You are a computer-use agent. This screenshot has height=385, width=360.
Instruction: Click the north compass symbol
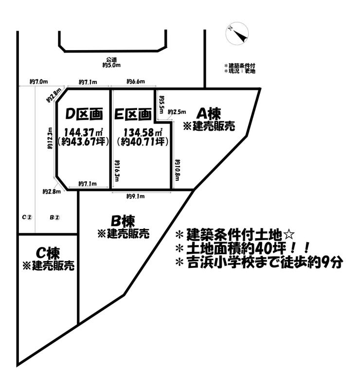click(x=237, y=34)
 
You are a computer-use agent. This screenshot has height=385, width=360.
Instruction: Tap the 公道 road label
click(x=111, y=60)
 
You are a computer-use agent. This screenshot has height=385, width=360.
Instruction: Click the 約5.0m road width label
click(x=111, y=65)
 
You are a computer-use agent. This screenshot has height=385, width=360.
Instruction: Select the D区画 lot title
click(x=84, y=114)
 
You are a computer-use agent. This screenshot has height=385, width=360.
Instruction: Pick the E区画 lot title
click(x=133, y=114)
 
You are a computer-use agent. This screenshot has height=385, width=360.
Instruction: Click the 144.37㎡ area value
click(x=83, y=133)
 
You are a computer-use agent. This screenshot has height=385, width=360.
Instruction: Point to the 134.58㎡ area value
click(x=143, y=133)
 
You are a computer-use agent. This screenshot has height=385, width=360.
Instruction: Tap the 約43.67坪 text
click(x=83, y=142)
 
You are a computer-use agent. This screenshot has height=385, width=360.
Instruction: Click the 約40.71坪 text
click(x=143, y=142)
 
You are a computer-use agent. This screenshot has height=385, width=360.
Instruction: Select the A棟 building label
click(x=209, y=113)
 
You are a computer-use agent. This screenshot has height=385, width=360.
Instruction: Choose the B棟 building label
click(x=123, y=221)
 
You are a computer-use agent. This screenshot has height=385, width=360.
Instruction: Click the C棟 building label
click(x=48, y=253)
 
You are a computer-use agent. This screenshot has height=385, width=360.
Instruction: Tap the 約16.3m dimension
click(x=117, y=171)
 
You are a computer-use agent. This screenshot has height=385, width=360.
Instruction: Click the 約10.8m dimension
click(x=178, y=171)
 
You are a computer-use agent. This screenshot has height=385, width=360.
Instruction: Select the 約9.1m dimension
click(x=136, y=196)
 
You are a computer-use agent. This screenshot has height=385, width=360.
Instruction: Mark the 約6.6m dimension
click(x=136, y=82)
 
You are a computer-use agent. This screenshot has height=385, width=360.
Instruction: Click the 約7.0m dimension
click(x=38, y=82)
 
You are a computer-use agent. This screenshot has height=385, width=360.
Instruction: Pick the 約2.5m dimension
click(x=177, y=112)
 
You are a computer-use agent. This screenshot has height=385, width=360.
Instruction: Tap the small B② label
click(x=54, y=218)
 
